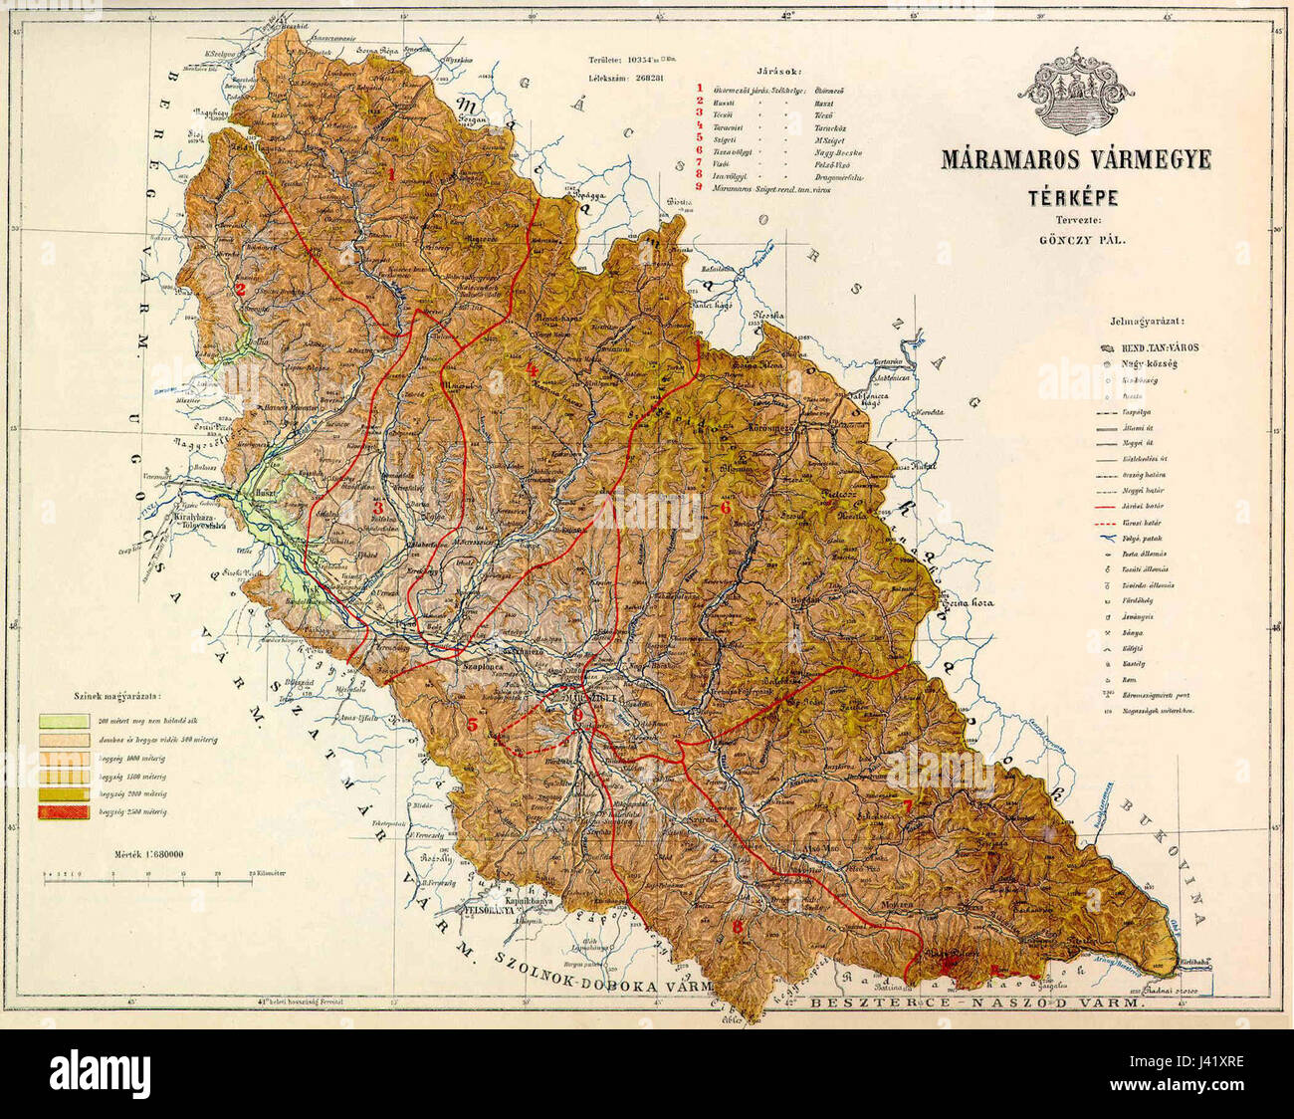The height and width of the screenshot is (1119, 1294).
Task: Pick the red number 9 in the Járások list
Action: tap(700, 188)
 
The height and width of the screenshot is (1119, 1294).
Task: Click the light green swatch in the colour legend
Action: tap(59, 719)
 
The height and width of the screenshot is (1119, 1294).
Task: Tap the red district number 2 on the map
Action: tap(241, 290)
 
